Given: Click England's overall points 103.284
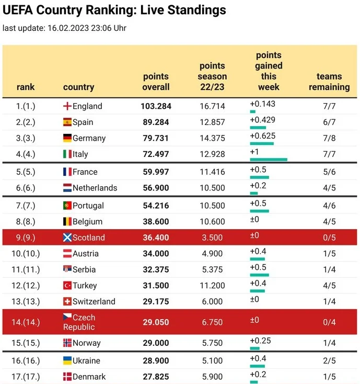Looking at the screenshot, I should click(x=156, y=106).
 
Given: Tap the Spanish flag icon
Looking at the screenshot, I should click(x=67, y=122).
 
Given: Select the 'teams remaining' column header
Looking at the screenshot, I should click(x=329, y=82).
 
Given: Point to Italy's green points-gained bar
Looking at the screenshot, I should click(x=269, y=160).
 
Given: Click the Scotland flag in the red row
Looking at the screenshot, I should click(x=67, y=238).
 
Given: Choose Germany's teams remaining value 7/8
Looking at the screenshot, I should click(x=329, y=138).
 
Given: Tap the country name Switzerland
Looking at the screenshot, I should click(x=94, y=301).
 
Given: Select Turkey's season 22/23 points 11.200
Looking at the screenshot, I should click(x=212, y=286).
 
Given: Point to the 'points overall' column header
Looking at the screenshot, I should click(x=156, y=82).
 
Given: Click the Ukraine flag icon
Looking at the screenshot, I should click(x=67, y=360).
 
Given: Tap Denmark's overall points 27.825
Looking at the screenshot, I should click(x=156, y=377).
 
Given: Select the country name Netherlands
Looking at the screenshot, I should click(x=95, y=188).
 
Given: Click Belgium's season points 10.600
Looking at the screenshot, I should click(x=212, y=222).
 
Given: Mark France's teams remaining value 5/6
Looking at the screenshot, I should click(x=329, y=172).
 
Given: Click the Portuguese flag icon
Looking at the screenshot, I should click(x=67, y=206).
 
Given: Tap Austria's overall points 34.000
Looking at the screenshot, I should click(x=156, y=254).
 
